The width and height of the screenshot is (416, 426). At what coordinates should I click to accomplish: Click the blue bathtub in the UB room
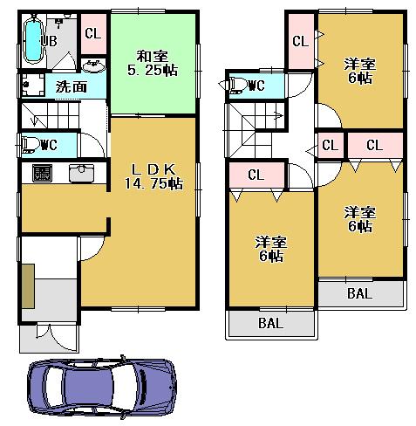click(32, 41)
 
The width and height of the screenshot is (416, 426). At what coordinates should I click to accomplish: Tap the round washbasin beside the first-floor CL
click(92, 65)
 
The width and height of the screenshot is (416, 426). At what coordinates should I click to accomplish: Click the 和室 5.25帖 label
click(152, 63)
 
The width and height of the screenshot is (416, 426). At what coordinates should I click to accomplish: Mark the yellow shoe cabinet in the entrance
click(28, 287)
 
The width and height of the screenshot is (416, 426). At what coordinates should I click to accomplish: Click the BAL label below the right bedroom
click(359, 294)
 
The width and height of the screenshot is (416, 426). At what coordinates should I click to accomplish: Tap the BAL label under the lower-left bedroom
click(269, 324)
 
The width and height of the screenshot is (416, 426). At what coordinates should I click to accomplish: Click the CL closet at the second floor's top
click(299, 40)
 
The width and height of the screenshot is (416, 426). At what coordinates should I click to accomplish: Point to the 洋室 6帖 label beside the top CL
click(359, 70)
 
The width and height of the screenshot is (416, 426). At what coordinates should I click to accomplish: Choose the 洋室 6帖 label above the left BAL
click(269, 249)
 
